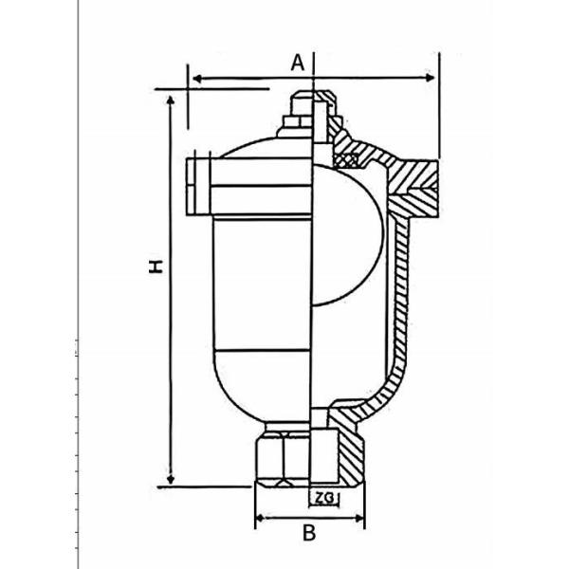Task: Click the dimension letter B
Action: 308,533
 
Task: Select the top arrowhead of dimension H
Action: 172,99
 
